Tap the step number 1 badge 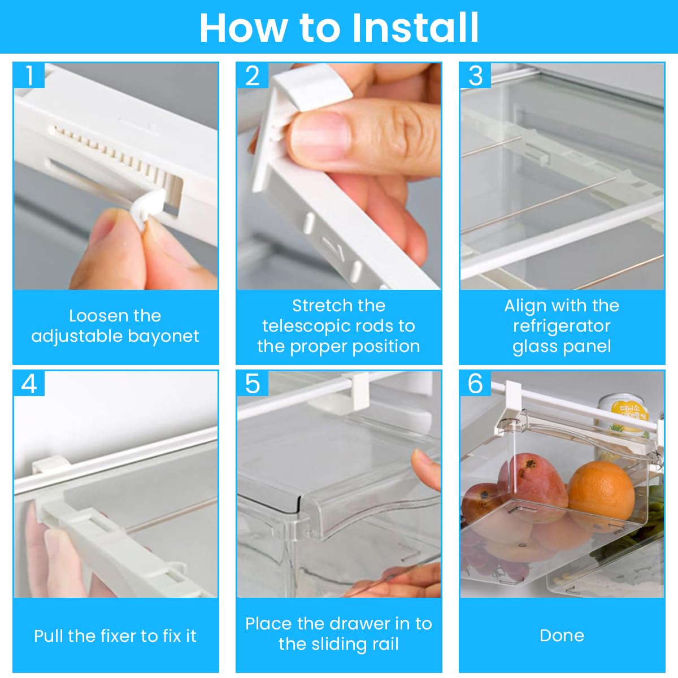coord(29,75)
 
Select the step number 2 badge coord(253,75)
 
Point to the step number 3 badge coord(476,75)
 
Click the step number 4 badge coord(29,384)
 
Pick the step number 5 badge coord(253,384)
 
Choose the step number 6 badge coord(476,384)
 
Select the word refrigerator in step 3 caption coord(562,327)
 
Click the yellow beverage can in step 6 coord(623,416)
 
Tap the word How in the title coord(243,28)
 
